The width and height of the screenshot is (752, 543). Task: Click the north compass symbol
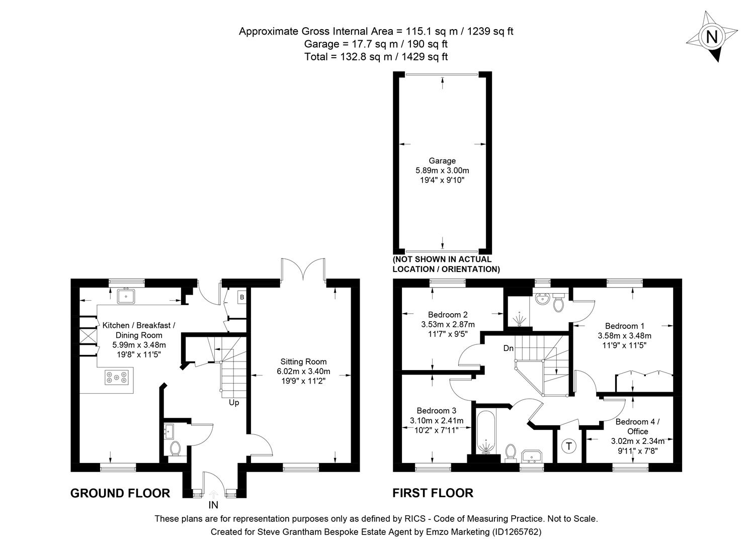[x=711, y=37]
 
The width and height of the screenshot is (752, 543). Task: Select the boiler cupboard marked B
[x=242, y=297]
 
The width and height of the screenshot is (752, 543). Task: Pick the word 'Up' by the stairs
[x=234, y=402]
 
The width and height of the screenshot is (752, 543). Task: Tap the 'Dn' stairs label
[x=509, y=348]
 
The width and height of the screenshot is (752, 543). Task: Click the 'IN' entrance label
[x=213, y=505]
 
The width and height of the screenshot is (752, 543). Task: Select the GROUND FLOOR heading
[x=120, y=493]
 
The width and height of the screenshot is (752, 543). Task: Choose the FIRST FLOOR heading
[x=433, y=493]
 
